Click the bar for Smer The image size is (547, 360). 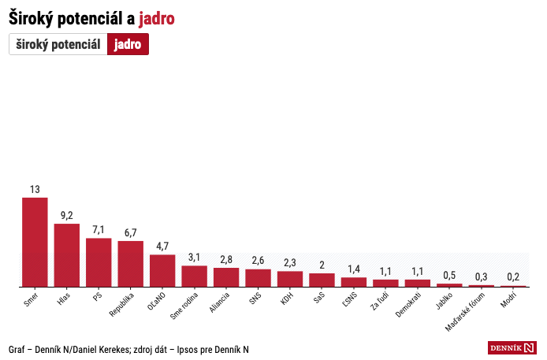[35, 242]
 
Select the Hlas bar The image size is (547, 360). [67, 255]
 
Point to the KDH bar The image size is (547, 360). [290, 279]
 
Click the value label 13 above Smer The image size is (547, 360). [35, 190]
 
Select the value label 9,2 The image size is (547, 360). [67, 216]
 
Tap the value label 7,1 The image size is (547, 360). [99, 230]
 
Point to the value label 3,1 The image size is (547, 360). [194, 258]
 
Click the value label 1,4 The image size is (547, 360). [354, 269]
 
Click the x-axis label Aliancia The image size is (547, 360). [220, 302]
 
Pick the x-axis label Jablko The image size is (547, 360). [443, 301]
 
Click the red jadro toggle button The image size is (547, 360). [128, 45]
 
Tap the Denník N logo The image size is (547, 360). [512, 347]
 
